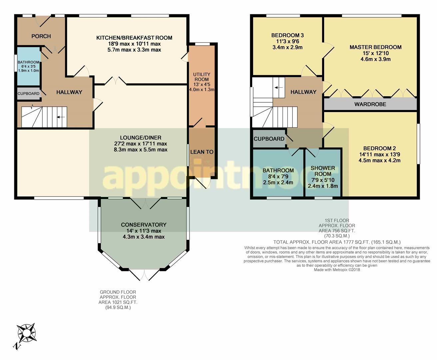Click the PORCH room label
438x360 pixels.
coord(41,36)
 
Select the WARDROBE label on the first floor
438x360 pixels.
coord(370,104)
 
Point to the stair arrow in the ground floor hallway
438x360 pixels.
coord(61,117)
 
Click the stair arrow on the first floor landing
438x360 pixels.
coord(279,88)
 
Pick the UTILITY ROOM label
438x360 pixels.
coord(202,77)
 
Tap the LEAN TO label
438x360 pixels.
coord(202,152)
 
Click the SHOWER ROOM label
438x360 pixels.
coord(323,171)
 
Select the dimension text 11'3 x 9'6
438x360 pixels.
coord(288,41)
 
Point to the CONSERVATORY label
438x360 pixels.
coord(144,225)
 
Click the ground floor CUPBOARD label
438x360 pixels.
coord(28,94)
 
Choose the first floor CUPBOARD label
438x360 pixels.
coord(269,139)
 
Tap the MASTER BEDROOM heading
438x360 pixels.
coord(375,47)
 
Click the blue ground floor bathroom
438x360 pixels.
coord(29,66)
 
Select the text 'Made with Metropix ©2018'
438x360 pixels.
coord(337,270)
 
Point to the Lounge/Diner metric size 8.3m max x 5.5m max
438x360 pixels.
coord(141,150)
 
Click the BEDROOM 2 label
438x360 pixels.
coord(379,148)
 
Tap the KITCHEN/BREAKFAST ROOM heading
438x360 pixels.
coord(134,38)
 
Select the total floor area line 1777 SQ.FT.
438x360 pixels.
coord(337,242)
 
